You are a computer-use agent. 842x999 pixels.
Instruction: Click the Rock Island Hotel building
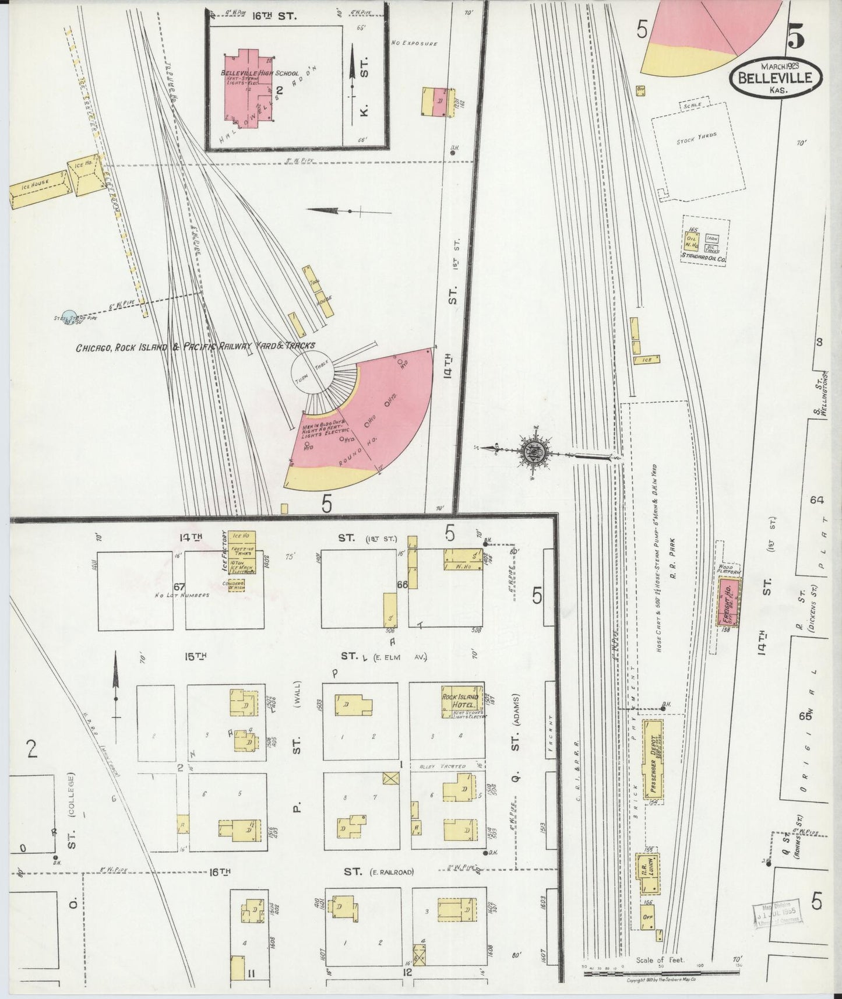point(462,702)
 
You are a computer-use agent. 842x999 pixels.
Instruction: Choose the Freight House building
point(727,603)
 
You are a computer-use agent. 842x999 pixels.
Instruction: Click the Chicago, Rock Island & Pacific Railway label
point(195,347)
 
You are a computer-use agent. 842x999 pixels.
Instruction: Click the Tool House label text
point(320,293)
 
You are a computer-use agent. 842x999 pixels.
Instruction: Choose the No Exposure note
point(414,43)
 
